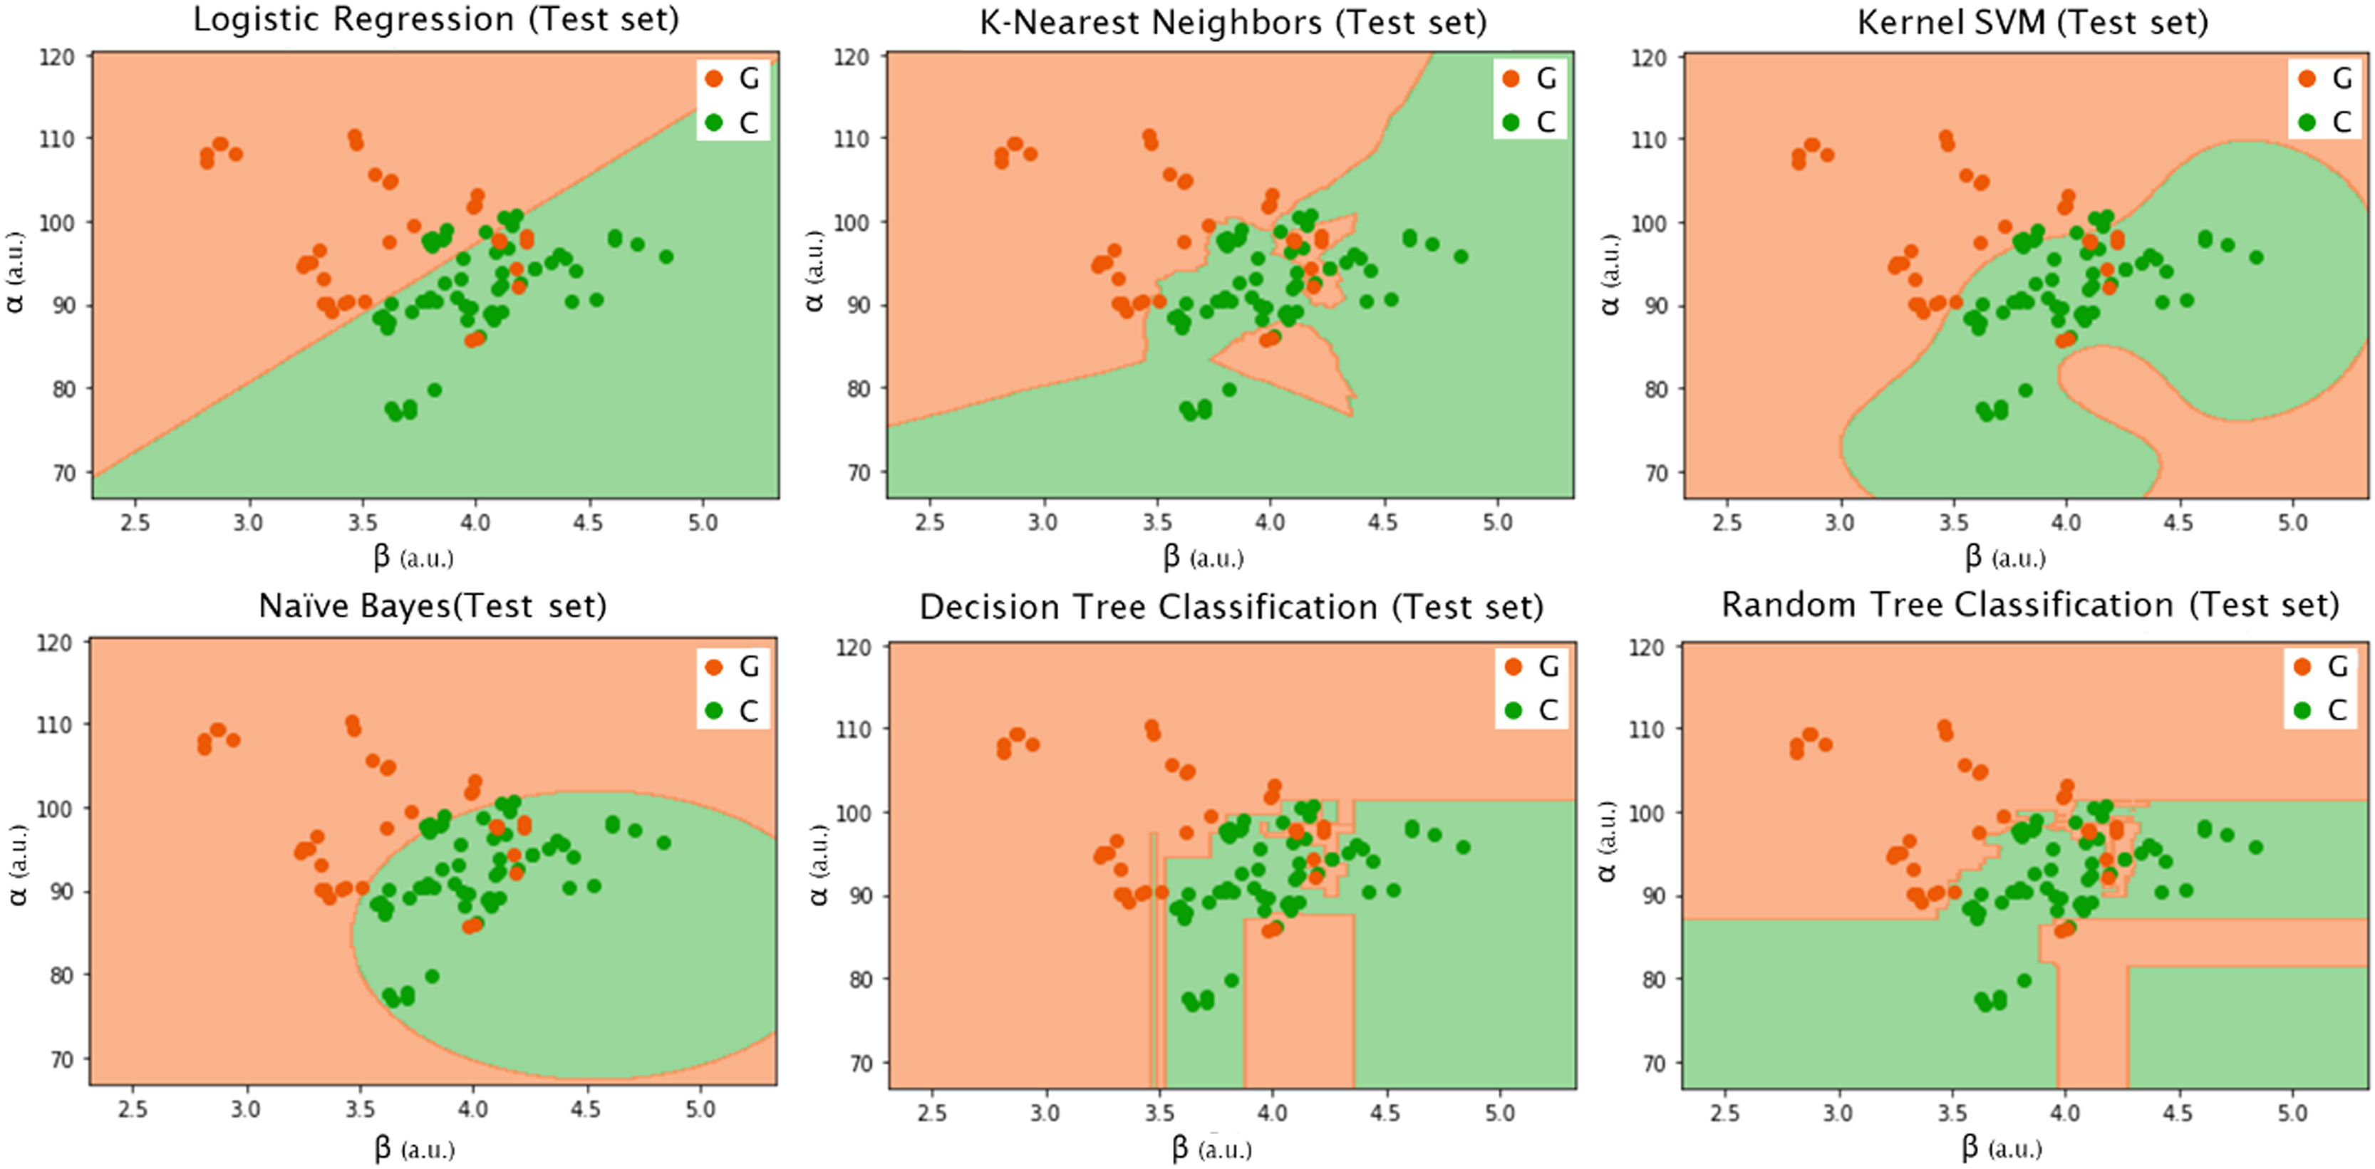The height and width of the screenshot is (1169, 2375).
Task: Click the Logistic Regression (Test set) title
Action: click(x=435, y=20)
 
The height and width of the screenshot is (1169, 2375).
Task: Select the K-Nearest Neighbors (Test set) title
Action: click(x=1233, y=22)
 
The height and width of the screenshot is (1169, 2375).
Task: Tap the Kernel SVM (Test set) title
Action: click(x=2032, y=22)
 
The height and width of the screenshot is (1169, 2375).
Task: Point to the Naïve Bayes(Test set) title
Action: click(x=433, y=606)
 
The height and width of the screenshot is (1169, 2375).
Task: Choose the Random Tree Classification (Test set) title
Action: click(x=2030, y=605)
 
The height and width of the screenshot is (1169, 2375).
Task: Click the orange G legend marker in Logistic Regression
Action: click(x=713, y=78)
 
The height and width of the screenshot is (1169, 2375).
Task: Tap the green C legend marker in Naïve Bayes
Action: click(x=713, y=710)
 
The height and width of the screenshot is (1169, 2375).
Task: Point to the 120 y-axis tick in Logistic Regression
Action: click(x=57, y=57)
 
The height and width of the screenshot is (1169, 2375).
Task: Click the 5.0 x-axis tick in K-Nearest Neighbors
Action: click(x=1497, y=523)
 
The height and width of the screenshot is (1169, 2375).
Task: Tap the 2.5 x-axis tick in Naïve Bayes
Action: click(x=133, y=1109)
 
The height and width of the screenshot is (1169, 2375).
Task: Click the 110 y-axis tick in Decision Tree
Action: click(x=854, y=729)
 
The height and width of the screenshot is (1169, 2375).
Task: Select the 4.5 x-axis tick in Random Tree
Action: click(x=2177, y=1113)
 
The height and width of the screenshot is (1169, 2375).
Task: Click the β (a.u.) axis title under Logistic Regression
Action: click(x=413, y=557)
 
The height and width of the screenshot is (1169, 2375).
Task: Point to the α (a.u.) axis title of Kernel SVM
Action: click(x=1610, y=274)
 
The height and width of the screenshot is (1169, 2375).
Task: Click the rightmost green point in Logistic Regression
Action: click(x=666, y=256)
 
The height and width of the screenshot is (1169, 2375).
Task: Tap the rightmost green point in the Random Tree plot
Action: click(x=2255, y=847)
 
